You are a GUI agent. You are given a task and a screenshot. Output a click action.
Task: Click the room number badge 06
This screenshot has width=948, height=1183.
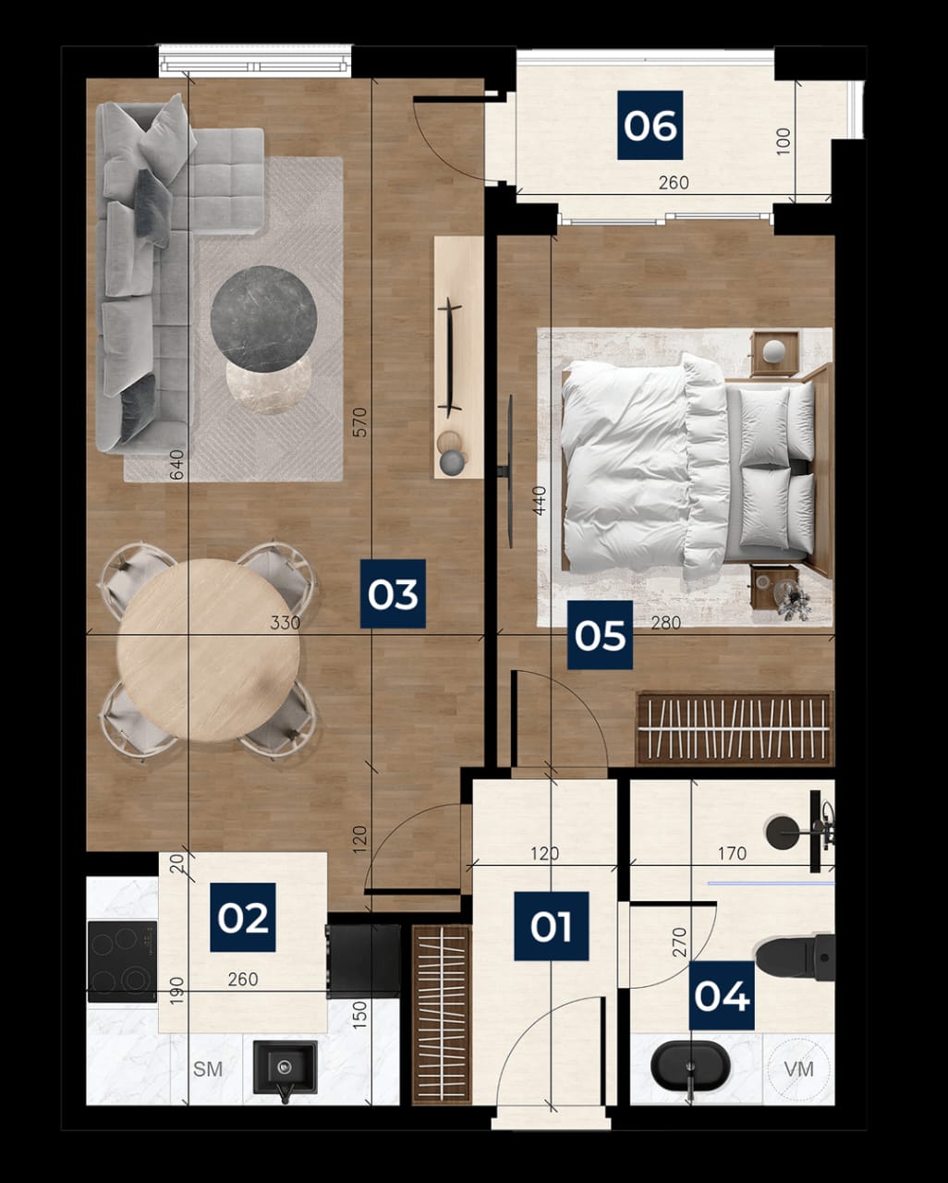tap(650, 126)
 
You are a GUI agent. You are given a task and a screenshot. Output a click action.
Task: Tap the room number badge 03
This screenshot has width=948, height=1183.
tap(393, 593)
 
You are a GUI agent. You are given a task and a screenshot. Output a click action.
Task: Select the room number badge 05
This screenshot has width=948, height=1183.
tap(601, 635)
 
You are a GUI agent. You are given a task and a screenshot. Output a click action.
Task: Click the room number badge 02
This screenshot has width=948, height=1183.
tap(243, 918)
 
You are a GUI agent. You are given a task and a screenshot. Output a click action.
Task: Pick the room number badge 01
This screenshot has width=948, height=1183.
tap(552, 926)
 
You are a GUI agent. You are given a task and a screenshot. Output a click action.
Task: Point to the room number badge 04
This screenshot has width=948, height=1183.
tap(722, 995)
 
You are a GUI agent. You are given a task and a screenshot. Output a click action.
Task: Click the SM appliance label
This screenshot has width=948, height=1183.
tap(208, 1069)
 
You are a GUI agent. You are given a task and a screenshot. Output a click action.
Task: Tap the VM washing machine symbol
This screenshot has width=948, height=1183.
tap(798, 1069)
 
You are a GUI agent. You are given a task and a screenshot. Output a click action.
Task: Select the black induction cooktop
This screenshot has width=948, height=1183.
tap(122, 961)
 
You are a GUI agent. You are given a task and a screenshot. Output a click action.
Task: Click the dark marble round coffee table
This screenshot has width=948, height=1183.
tap(263, 319)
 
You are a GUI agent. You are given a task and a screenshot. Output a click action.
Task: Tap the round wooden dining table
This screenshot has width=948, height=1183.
tap(209, 651)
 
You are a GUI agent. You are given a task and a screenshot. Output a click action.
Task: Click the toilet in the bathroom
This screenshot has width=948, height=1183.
tap(796, 957)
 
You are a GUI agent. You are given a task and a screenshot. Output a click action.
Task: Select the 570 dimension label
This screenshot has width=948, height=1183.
tap(359, 422)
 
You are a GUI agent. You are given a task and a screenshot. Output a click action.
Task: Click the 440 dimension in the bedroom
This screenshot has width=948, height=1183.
tap(541, 501)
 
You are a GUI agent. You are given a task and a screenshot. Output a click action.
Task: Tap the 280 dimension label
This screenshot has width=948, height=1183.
tap(666, 623)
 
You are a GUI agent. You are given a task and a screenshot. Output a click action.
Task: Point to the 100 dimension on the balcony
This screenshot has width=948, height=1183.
tap(784, 141)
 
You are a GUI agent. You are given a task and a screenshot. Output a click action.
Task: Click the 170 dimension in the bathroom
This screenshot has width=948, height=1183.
tap(732, 854)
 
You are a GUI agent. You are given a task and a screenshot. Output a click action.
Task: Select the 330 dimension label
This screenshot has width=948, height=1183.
tap(286, 622)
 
